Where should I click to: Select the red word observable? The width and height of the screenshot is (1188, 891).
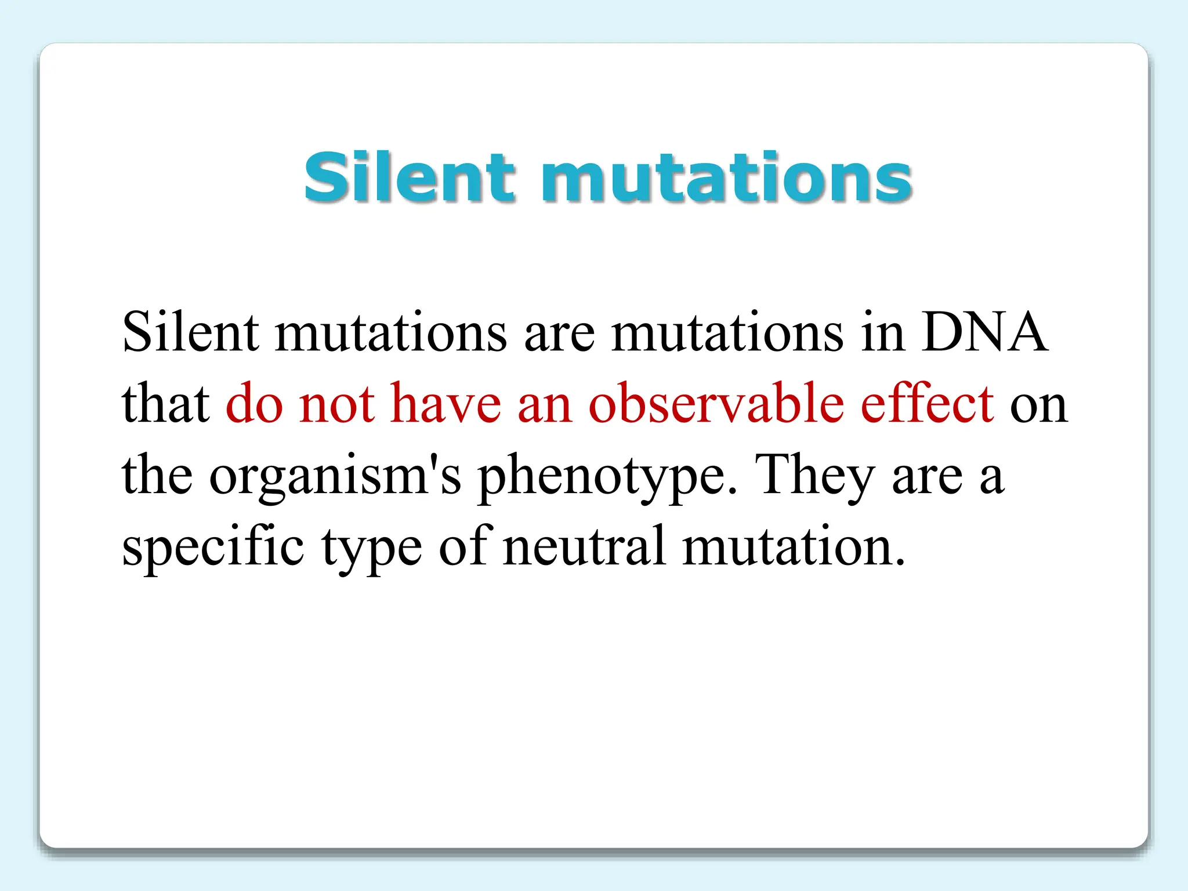716,404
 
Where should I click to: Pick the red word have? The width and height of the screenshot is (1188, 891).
445,404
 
